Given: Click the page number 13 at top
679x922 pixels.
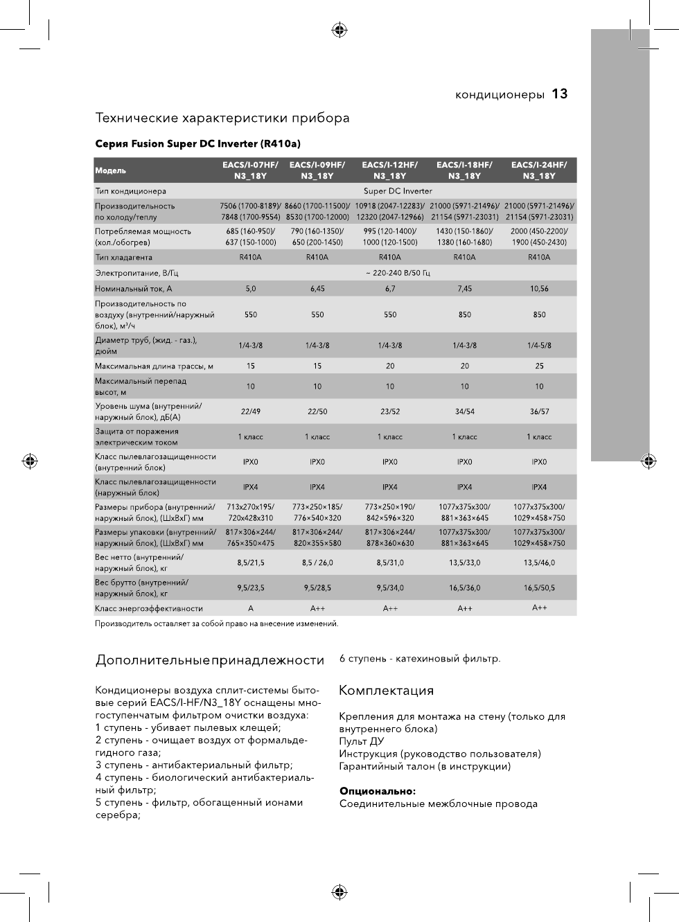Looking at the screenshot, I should [560, 94].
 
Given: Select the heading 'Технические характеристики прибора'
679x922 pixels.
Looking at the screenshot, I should [222, 118].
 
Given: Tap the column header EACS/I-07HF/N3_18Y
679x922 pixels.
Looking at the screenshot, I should [250, 170].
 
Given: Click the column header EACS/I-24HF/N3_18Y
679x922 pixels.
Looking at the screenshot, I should [539, 170].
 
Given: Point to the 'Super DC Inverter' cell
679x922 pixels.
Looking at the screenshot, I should [398, 191].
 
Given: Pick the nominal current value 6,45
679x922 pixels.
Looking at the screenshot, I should [317, 289].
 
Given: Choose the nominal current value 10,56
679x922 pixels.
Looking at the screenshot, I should [539, 289].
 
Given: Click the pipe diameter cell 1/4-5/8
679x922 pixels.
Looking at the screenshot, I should [539, 346].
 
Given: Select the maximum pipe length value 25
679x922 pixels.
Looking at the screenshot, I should [539, 366].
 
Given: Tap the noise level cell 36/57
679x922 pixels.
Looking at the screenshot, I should [539, 411].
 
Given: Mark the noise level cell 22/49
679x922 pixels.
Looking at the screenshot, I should [250, 411].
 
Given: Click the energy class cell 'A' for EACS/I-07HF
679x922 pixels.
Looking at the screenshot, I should [250, 609].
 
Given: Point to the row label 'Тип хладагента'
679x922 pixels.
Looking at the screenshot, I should [123, 258].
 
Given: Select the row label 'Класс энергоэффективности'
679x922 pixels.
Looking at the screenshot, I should [149, 609].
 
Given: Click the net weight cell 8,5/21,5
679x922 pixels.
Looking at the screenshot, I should [250, 563].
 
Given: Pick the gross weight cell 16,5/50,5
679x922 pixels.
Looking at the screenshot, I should [539, 588].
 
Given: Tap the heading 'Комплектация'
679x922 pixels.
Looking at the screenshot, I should [386, 691].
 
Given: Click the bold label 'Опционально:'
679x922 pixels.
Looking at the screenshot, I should [378, 791].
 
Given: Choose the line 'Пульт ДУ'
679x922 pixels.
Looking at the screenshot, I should [362, 741].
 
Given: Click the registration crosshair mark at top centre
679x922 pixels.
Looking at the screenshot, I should [339, 30].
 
